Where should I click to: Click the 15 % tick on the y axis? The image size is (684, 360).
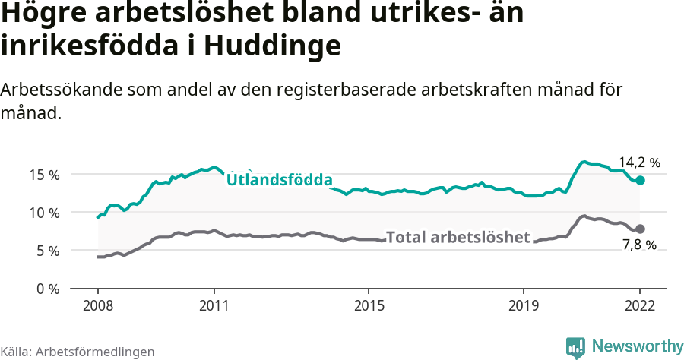pos(43,175)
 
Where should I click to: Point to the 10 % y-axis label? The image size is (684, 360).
pos(43,213)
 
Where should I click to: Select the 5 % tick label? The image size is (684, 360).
pos(47,251)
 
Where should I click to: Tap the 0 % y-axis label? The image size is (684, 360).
pos(47,289)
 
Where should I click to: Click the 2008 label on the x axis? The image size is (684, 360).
pos(98,305)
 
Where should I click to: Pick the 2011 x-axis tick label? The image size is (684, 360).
pos(214,305)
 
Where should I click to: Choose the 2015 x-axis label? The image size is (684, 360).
pos(369,305)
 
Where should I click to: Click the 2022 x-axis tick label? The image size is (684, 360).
pos(640,305)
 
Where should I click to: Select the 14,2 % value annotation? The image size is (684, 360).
pos(639,163)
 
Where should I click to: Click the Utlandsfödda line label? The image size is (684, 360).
pos(280,180)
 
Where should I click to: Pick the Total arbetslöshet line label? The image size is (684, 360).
pos(458,237)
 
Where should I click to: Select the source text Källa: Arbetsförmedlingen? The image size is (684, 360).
pos(78,352)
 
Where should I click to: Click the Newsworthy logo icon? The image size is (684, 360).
pos(575,347)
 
